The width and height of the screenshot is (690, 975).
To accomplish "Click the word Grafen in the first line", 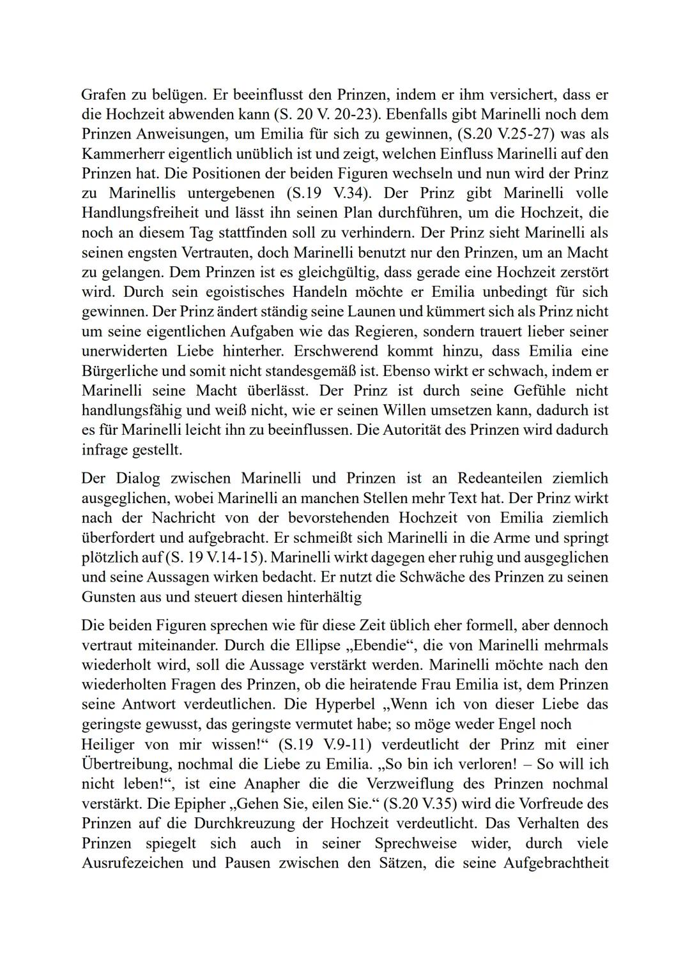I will pos(103,95).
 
